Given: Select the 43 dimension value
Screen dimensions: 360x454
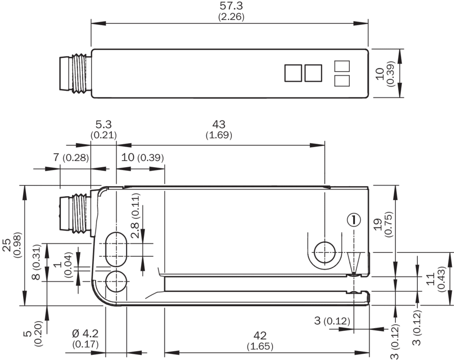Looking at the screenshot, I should (x=218, y=125).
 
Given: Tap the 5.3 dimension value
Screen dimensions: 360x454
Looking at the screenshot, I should (x=103, y=125).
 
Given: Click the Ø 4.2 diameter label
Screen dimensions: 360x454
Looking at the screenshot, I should (x=85, y=333).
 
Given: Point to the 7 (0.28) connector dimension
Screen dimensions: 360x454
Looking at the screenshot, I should (x=70, y=158).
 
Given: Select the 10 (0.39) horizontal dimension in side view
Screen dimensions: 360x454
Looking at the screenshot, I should (x=142, y=158).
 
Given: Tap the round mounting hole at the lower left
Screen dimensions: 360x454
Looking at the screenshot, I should (x=116, y=281).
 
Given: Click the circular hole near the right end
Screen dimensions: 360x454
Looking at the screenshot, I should (x=324, y=251).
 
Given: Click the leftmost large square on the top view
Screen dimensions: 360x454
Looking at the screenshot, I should (x=293, y=73).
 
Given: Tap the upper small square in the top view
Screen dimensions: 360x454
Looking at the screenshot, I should (x=342, y=66).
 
